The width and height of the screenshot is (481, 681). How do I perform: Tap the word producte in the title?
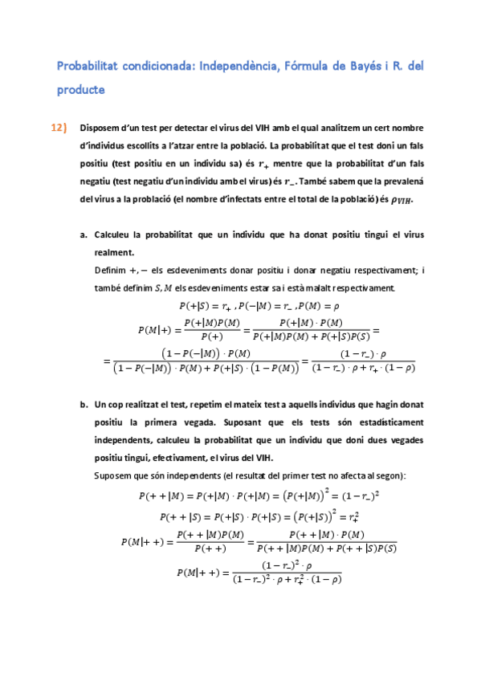(x=80, y=90)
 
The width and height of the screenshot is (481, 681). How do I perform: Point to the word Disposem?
(x=100, y=128)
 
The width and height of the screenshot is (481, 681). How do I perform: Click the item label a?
(x=84, y=234)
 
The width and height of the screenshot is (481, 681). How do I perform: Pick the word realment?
(x=114, y=252)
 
